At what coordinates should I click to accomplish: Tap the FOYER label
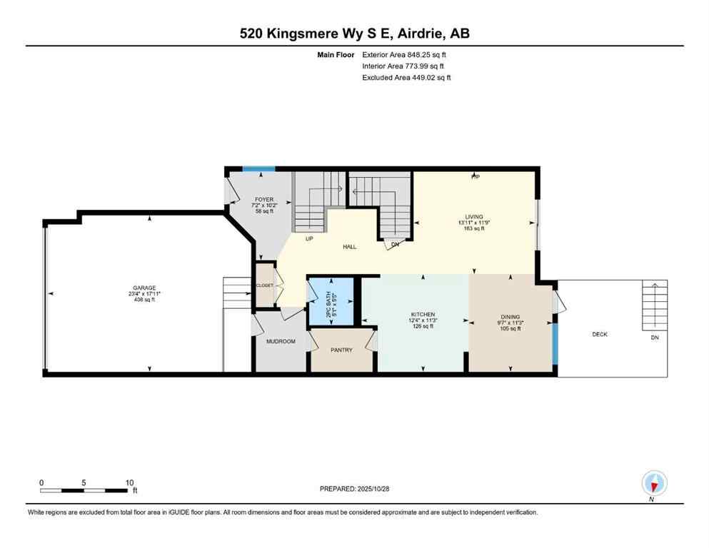pyautogui.click(x=264, y=199)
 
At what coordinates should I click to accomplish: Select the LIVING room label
pyautogui.click(x=475, y=216)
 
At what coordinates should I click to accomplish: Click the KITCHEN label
pyautogui.click(x=422, y=315)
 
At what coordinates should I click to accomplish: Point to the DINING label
pyautogui.click(x=510, y=316)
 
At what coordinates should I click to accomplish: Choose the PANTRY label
pyautogui.click(x=341, y=350)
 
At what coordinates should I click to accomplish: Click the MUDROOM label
pyautogui.click(x=280, y=341)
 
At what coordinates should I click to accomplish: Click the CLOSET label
pyautogui.click(x=265, y=285)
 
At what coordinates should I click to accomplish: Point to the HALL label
pyautogui.click(x=349, y=247)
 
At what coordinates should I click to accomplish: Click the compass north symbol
pyautogui.click(x=653, y=484)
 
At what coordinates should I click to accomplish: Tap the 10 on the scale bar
pyautogui.click(x=129, y=482)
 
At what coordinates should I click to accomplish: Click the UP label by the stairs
pyautogui.click(x=309, y=238)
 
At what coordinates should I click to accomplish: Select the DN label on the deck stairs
pyautogui.click(x=654, y=337)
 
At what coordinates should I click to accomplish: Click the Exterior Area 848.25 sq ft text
pyautogui.click(x=406, y=54)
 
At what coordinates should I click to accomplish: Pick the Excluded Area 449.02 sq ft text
pyautogui.click(x=406, y=77)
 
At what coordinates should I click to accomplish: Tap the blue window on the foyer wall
pyautogui.click(x=258, y=169)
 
